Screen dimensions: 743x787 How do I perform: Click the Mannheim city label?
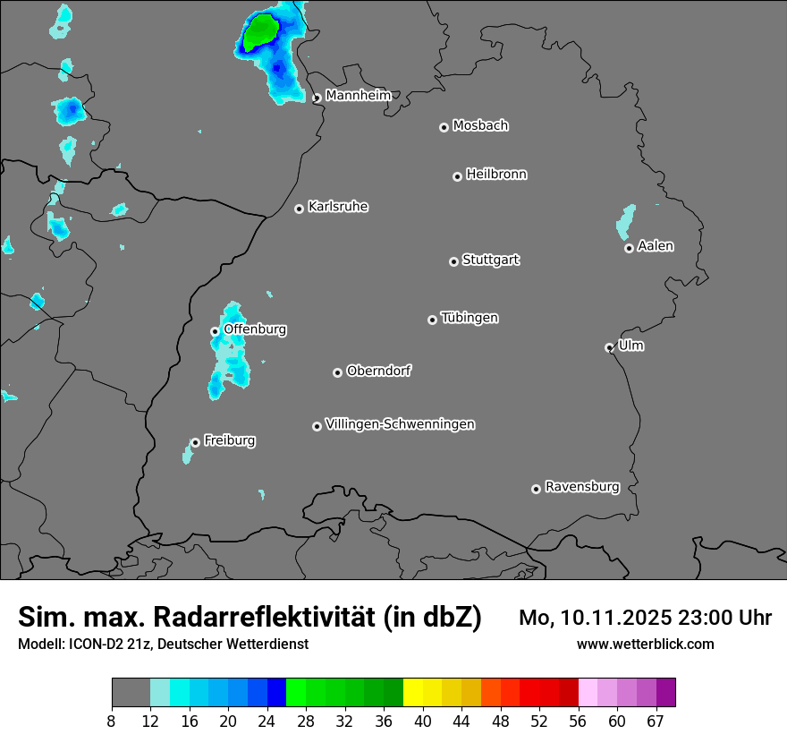click(x=358, y=95)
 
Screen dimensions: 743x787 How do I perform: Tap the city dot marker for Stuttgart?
click(x=453, y=261)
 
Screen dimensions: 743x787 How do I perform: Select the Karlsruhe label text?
click(x=338, y=207)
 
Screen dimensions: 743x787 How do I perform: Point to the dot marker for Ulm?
click(x=609, y=347)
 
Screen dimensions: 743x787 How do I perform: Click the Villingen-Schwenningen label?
click(x=400, y=424)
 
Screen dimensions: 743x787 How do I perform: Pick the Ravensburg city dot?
click(x=536, y=489)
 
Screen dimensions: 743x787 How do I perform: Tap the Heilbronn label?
click(x=496, y=175)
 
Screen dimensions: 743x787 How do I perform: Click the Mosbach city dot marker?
click(x=444, y=127)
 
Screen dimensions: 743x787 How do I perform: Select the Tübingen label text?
click(x=470, y=318)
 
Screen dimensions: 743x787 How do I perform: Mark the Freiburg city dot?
click(x=195, y=442)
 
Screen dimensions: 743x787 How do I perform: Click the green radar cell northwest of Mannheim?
click(x=260, y=32)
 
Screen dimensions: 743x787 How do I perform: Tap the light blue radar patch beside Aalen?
click(x=626, y=221)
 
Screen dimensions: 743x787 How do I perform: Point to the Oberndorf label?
click(x=379, y=371)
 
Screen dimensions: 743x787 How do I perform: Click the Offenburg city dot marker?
click(x=215, y=331)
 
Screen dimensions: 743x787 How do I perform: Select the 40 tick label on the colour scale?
click(x=423, y=721)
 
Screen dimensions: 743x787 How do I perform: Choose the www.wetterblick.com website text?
click(x=645, y=645)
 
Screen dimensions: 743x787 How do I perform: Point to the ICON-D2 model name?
click(x=89, y=645)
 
